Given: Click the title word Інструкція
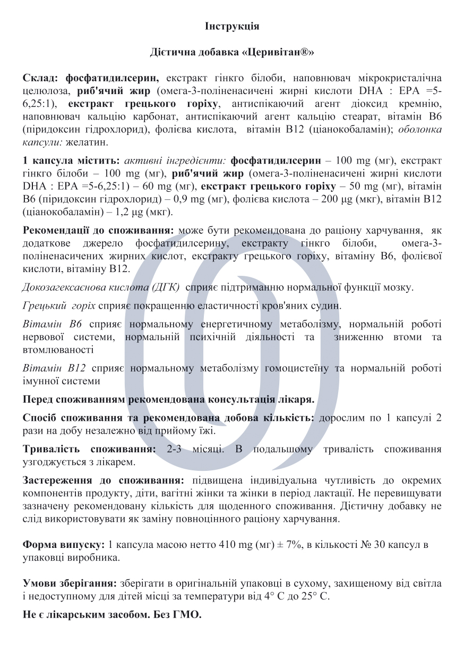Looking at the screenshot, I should pos(232,26).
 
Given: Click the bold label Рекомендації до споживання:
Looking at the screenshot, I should pos(99,231).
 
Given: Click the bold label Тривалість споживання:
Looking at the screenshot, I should pos(90,450).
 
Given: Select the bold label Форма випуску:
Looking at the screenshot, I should pos(64,545).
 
